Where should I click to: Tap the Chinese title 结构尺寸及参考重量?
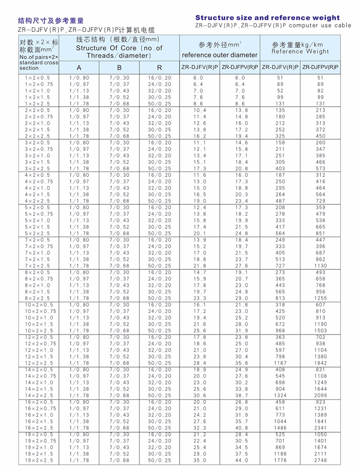click(x=50, y=21)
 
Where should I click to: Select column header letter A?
click(x=79, y=68)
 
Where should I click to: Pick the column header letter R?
click(x=159, y=68)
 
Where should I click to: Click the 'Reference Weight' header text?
click(x=300, y=51)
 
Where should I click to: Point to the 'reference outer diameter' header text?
click(x=220, y=55)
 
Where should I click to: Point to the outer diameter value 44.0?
click(x=240, y=461)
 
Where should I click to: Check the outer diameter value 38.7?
click(x=240, y=395)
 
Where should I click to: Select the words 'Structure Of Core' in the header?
click(x=103, y=48)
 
